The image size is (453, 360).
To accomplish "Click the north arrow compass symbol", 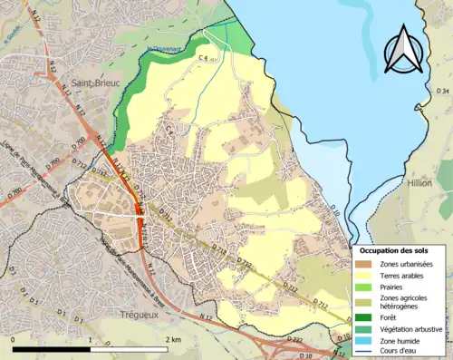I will click(404, 50).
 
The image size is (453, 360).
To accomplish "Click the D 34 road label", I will click(442, 91).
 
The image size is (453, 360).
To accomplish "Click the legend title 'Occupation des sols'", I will click(396, 250).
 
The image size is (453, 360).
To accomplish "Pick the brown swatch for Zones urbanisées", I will click(364, 264).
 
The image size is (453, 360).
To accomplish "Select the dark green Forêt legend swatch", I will click(364, 316).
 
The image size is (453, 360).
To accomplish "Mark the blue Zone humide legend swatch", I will click(364, 340).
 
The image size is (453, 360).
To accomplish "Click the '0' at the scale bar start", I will click(14, 339).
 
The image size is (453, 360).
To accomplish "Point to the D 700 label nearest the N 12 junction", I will click(80, 142).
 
